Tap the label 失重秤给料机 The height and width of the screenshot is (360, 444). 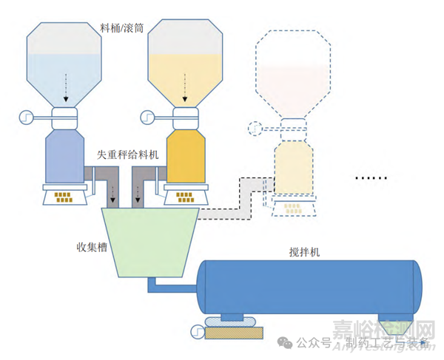coord(127,156)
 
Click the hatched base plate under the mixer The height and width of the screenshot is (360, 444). coord(232,334)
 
